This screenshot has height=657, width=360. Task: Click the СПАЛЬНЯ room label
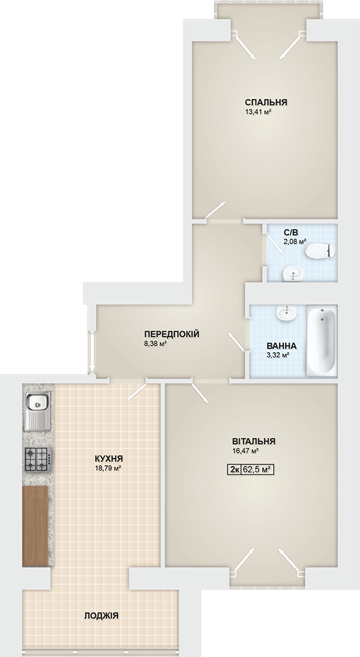coord(265,102)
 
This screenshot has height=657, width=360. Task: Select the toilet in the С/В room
coord(321,252)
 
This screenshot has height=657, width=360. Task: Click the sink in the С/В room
coord(292,275)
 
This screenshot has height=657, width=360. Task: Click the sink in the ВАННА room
coord(287,313)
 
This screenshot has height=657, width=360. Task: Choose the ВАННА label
coord(282,346)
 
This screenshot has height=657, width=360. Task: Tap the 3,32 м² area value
coord(279,355)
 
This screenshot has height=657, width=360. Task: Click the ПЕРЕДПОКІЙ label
coord(171,334)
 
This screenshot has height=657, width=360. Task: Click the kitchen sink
coord(37,411)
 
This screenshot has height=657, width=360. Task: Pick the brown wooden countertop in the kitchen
coord(35,526)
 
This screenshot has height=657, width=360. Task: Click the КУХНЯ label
coord(108,459)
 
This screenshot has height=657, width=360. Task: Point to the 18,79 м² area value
coord(108,468)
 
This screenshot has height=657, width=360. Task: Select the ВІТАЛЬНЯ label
coord(254,442)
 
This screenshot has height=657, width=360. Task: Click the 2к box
coord(235,470)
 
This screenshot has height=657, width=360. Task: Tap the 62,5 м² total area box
coord(258,470)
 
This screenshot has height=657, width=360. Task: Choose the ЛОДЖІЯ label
coord(101,616)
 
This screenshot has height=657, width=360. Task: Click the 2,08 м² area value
coord(294,241)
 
